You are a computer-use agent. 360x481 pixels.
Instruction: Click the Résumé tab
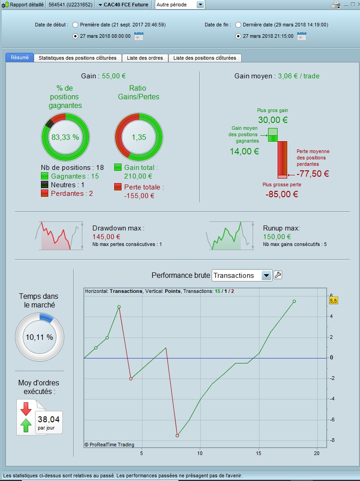click(x=20, y=58)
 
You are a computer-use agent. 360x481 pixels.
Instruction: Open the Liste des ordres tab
click(x=145, y=58)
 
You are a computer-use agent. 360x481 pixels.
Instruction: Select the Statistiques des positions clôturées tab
click(x=78, y=58)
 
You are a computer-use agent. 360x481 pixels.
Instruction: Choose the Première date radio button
click(x=75, y=25)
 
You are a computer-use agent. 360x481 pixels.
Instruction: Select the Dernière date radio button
click(x=238, y=25)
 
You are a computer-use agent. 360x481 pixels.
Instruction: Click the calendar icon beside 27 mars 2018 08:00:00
click(x=139, y=36)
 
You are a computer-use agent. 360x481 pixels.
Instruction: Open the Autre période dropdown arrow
click(x=200, y=5)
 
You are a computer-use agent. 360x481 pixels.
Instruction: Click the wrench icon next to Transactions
click(x=278, y=275)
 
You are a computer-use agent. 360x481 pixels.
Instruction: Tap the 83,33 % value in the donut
click(x=65, y=137)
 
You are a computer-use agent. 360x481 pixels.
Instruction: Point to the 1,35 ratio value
click(x=139, y=137)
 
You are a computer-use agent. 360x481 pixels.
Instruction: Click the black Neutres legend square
click(x=45, y=185)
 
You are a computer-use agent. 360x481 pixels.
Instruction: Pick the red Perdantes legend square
click(x=45, y=194)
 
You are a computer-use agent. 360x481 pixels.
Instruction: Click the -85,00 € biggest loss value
click(x=282, y=194)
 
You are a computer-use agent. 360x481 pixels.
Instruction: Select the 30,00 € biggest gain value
click(x=273, y=120)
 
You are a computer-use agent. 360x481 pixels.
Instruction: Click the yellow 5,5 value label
click(x=333, y=301)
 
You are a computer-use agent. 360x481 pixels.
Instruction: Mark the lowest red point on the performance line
click(x=177, y=435)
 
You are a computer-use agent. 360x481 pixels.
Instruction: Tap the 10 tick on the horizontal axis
click(x=200, y=453)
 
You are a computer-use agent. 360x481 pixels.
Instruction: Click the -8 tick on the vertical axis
click(x=332, y=440)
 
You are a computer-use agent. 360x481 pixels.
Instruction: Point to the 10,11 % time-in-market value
click(x=39, y=338)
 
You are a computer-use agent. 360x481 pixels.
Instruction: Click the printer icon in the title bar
click(x=336, y=5)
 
